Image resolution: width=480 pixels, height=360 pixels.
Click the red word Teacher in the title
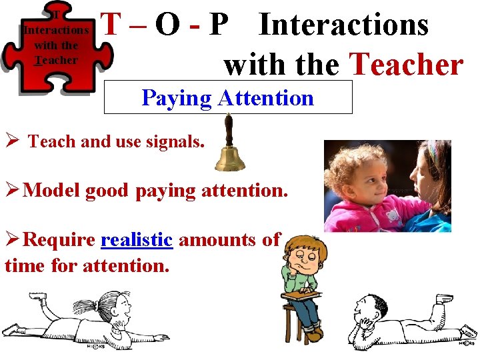pyautogui.click(x=406, y=65)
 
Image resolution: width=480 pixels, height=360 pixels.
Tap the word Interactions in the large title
pyautogui.click(x=343, y=25)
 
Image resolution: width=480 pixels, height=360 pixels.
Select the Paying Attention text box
pyautogui.click(x=228, y=98)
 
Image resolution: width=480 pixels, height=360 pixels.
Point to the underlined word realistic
pyautogui.click(x=137, y=239)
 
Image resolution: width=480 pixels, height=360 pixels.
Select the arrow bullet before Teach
pyautogui.click(x=10, y=141)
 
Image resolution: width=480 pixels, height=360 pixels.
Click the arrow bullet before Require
pyautogui.click(x=11, y=239)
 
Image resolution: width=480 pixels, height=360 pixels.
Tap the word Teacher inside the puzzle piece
pyautogui.click(x=57, y=60)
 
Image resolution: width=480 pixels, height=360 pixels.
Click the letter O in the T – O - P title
pyautogui.click(x=166, y=25)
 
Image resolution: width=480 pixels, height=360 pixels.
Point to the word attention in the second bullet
pyautogui.click(x=247, y=191)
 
